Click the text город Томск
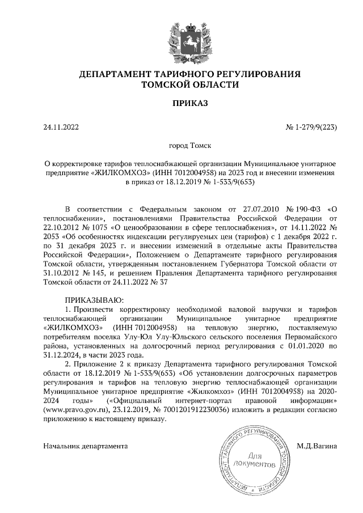(x=181, y=145)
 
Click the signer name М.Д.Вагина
(x=317, y=446)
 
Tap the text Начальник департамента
(x=86, y=446)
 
